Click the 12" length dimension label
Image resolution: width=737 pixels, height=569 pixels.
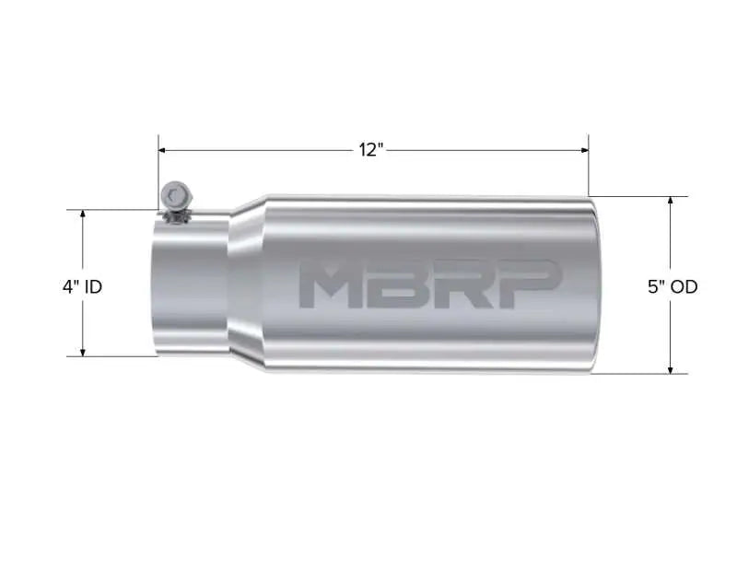(370, 150)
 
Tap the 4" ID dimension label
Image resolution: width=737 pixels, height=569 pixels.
(82, 286)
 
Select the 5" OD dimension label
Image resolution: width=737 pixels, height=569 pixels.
(672, 286)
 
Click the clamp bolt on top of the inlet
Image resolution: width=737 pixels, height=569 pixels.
(174, 196)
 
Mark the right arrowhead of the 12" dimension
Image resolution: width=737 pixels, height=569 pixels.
(583, 150)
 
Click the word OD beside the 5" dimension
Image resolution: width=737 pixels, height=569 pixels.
(684, 286)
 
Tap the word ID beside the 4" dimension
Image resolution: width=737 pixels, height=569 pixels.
(93, 286)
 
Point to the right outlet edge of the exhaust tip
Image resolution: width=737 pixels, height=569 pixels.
(594, 285)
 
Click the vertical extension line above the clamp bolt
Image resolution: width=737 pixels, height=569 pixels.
(158, 170)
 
